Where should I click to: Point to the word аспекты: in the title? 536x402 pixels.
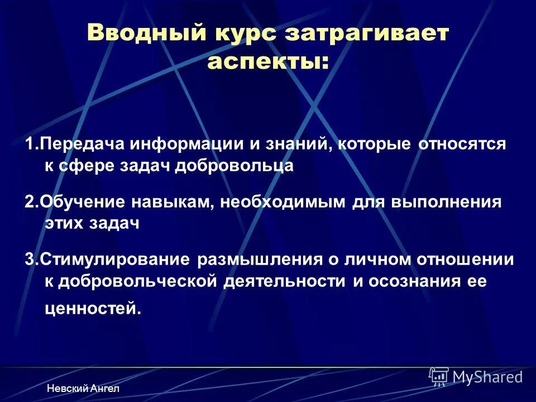tap(268, 63)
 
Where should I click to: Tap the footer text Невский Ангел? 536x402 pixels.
tap(83, 388)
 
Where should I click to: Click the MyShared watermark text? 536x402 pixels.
tap(487, 377)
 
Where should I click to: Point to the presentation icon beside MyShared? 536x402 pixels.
tap(439, 376)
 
